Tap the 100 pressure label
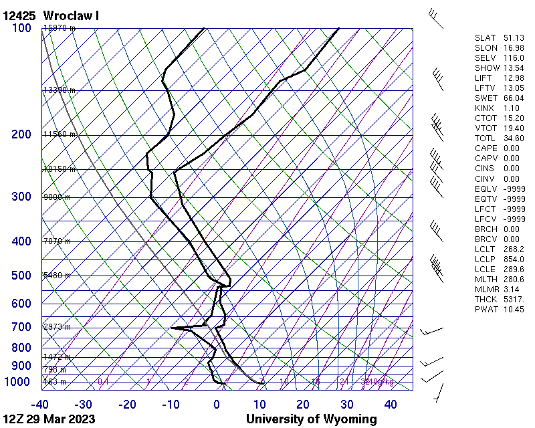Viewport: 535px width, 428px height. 21,28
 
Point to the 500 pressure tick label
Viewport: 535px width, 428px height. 21,276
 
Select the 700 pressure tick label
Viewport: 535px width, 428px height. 21,327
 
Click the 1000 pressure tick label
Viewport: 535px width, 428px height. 18,382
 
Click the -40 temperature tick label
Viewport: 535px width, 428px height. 40,404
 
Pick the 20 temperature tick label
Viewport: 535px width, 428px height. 303,404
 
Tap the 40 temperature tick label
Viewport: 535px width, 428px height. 390,404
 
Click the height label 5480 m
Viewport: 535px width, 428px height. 57,276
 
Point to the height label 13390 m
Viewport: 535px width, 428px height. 59,90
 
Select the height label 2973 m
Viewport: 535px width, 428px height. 57,327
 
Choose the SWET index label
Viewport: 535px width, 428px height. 485,98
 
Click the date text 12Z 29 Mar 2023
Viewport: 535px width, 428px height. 49,419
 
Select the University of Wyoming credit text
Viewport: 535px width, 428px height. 311,419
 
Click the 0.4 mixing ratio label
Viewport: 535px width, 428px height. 104,382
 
